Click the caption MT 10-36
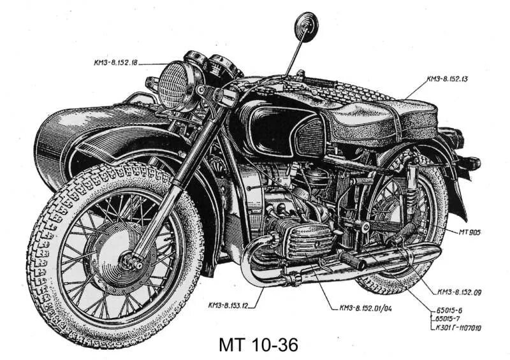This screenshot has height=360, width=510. click(258, 345)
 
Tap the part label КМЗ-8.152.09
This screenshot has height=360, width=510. click(462, 292)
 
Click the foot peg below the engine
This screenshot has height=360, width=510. click(351, 260)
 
